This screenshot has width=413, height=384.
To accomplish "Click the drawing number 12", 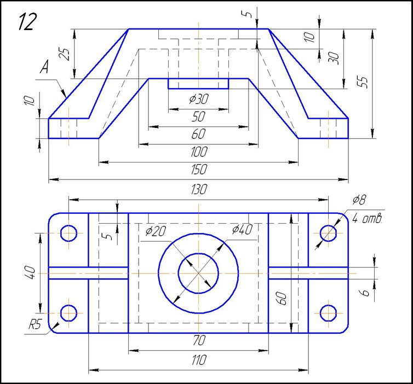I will coord(27,22).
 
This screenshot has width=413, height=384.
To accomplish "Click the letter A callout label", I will coord(45,68).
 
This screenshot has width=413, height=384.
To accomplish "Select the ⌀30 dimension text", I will coord(198,99).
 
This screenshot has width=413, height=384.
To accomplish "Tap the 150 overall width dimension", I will coord(198,170).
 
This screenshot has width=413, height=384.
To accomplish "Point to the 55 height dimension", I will coord(363,81).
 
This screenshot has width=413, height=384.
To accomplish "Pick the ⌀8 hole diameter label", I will coord(358,200).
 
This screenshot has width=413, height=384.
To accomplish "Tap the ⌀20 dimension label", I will coord(156,231).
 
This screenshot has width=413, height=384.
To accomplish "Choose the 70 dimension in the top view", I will coord(198,341).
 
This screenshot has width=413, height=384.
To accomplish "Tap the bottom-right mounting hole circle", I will coord(328,313).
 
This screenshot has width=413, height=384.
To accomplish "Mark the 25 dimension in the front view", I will coord(65,54).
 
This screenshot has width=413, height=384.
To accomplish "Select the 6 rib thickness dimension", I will coord(367,293).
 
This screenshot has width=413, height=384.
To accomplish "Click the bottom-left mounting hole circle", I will coord(69,313).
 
